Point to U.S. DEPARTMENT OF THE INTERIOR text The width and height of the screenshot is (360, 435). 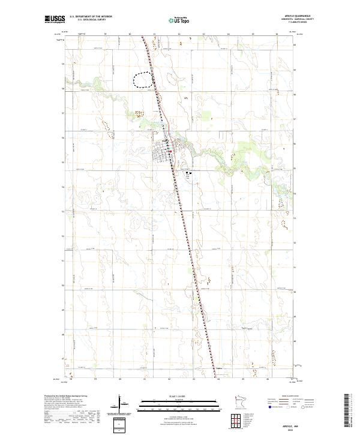coord(91,17)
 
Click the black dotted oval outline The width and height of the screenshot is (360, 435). coord(143,80)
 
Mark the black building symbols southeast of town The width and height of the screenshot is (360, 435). coord(189,173)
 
